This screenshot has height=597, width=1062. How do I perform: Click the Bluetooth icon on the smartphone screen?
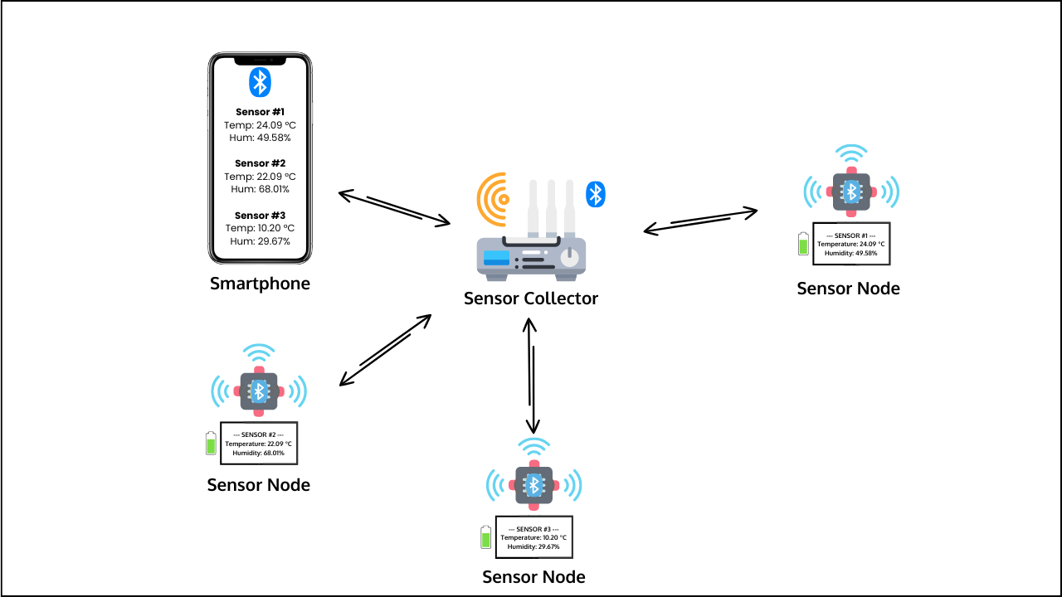[260, 82]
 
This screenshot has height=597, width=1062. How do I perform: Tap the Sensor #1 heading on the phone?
[260, 112]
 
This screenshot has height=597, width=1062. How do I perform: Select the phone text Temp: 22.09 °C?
[260, 177]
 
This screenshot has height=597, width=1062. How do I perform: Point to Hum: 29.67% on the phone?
[260, 241]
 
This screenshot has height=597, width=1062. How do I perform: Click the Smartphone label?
[260, 284]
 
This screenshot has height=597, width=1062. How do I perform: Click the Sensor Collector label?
[531, 298]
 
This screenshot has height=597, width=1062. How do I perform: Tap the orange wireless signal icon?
[494, 199]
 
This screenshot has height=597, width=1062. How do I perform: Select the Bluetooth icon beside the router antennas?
[596, 194]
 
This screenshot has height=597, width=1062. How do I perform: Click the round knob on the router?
[569, 258]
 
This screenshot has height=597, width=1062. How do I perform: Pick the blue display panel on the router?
[497, 258]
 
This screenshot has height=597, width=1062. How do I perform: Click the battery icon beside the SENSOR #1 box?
[802, 244]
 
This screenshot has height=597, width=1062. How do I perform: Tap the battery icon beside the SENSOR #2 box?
[211, 443]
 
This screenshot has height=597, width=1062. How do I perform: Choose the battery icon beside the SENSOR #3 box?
[485, 537]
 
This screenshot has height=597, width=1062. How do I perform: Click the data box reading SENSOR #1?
[851, 244]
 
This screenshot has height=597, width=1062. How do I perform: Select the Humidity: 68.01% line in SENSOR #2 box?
[258, 454]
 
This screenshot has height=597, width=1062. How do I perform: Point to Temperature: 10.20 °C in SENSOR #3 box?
[533, 538]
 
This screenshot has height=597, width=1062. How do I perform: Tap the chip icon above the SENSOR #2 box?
[259, 390]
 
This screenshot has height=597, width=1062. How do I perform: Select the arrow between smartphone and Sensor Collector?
[394, 207]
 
